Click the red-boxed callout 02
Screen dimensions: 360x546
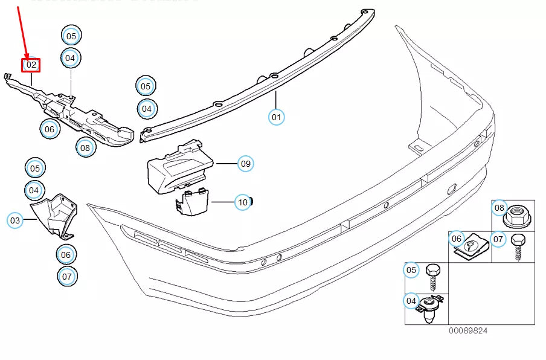point(31,65)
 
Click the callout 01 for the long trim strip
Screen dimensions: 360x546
point(277,116)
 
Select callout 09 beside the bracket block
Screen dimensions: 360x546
point(245,163)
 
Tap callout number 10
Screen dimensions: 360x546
point(243,202)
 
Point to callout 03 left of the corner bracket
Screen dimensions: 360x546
point(15,221)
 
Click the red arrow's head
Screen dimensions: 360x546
point(26,56)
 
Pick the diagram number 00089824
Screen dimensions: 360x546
point(467,331)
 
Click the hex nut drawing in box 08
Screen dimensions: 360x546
point(517,214)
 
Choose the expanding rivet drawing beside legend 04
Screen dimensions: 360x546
point(430,306)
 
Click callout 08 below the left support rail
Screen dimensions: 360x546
point(85,147)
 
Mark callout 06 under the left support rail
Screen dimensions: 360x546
point(50,129)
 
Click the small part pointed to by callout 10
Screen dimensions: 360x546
point(191,201)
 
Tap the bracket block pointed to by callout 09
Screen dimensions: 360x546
point(179,167)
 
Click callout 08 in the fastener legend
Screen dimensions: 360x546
point(499,208)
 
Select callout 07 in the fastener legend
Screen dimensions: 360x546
point(498,240)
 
